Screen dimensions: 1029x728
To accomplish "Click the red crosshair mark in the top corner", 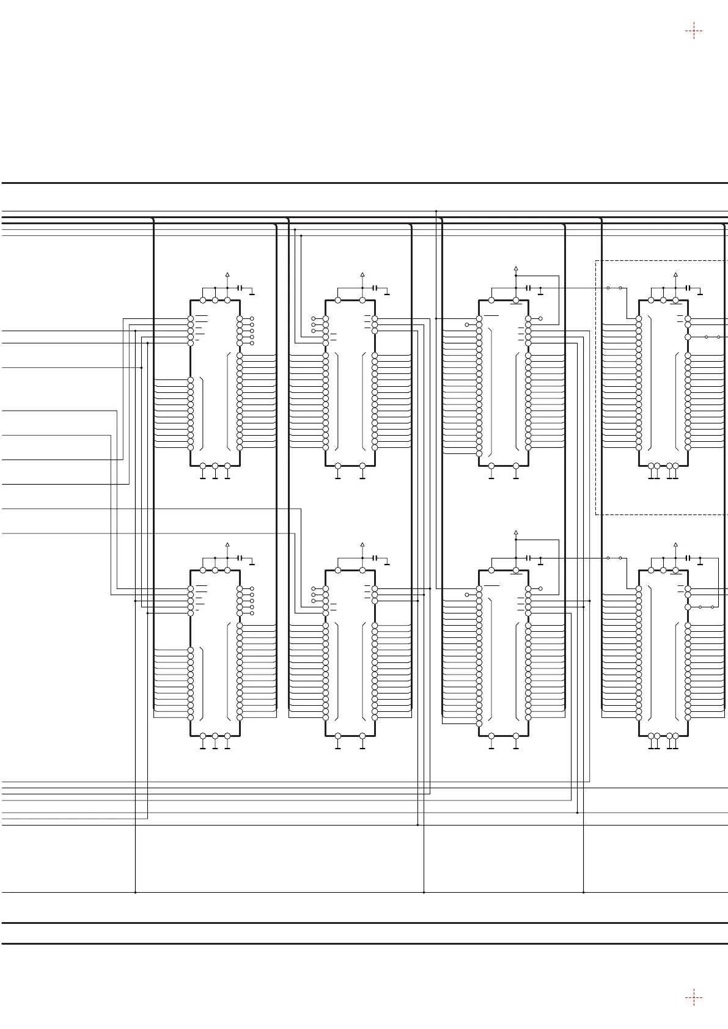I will [x=694, y=31].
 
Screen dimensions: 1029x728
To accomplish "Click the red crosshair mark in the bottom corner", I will [x=694, y=998].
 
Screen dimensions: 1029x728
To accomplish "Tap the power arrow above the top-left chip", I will [x=227, y=274].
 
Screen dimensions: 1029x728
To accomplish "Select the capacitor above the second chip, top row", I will [x=375, y=288].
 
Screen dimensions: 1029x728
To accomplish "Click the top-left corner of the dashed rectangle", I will [x=596, y=261].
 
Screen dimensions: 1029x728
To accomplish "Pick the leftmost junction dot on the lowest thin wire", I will [x=135, y=893].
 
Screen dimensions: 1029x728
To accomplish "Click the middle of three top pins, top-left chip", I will [x=215, y=300].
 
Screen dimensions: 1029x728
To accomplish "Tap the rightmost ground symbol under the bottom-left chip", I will [x=227, y=747].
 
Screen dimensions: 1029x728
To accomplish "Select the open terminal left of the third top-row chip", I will [x=467, y=325].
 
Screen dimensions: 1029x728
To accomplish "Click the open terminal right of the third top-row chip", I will [x=540, y=318].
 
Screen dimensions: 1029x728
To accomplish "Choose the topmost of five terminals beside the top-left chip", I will [x=252, y=319].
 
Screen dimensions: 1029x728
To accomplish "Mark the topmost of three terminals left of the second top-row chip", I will [x=314, y=319].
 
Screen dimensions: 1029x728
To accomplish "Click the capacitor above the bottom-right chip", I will [x=688, y=558].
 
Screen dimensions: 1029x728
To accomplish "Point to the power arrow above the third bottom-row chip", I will [x=516, y=532].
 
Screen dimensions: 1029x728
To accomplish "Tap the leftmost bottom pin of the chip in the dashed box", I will [x=651, y=466].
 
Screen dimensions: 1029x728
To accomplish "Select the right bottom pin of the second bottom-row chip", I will [x=362, y=736].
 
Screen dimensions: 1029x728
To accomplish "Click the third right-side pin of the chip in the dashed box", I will [x=688, y=337].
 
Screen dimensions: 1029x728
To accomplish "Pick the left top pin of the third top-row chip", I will [x=491, y=300].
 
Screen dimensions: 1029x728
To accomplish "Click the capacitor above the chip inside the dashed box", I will [x=688, y=288].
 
